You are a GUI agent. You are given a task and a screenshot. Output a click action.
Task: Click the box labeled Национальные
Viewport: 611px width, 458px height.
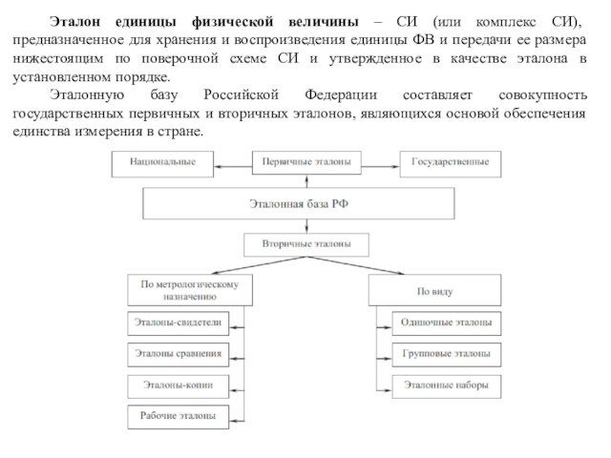pyautogui.click(x=163, y=163)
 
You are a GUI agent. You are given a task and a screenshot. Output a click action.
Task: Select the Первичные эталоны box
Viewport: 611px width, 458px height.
pyautogui.click(x=305, y=163)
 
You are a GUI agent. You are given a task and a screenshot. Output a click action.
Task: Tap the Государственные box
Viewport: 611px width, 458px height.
pyautogui.click(x=449, y=163)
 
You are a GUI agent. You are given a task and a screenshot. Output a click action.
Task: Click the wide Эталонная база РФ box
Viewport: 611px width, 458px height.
pyautogui.click(x=305, y=203)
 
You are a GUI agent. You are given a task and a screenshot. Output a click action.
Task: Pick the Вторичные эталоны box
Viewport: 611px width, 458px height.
pyautogui.click(x=305, y=244)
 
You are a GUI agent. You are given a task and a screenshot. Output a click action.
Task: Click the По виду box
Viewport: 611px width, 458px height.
pyautogui.click(x=434, y=290)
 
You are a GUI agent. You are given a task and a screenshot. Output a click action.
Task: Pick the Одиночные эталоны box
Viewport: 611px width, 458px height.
pyautogui.click(x=446, y=323)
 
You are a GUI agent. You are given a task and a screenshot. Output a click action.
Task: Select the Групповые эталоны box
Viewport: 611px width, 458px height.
pyautogui.click(x=446, y=354)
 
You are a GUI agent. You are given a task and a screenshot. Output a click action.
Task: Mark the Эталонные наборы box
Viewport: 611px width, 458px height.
pyautogui.click(x=446, y=385)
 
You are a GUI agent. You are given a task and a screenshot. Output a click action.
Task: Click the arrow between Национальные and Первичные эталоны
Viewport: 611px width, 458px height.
pyautogui.click(x=232, y=163)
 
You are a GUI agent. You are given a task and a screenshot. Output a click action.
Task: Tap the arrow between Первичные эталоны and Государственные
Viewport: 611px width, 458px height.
pyautogui.click(x=379, y=163)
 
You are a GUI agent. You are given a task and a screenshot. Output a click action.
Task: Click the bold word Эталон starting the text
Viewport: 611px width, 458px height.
pyautogui.click(x=74, y=21)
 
